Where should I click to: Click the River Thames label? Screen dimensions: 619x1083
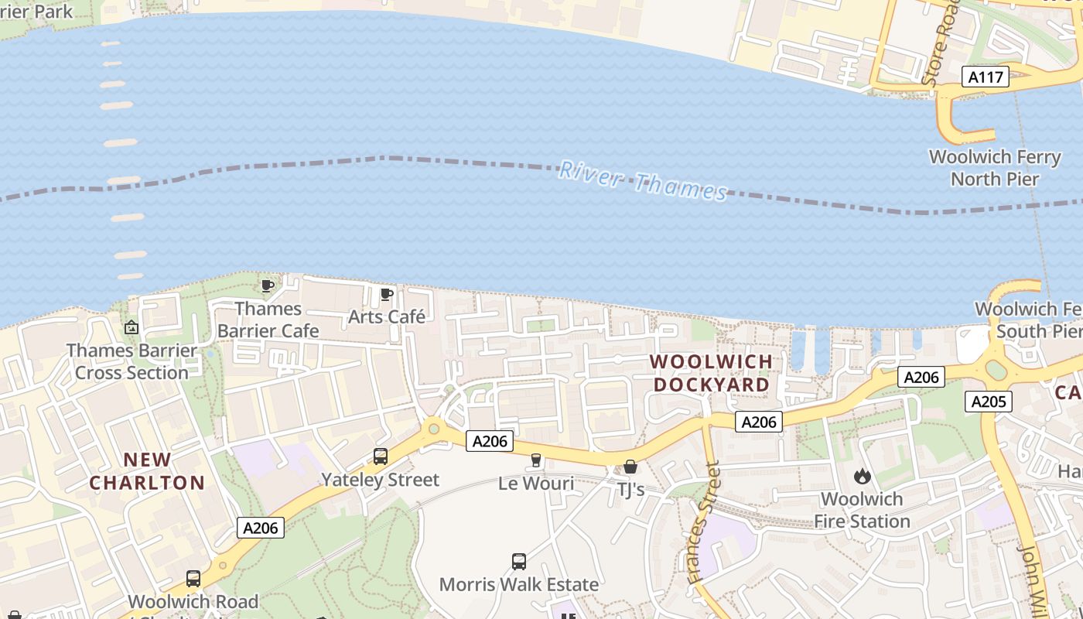click(643, 180)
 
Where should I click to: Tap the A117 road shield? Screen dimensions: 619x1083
click(986, 77)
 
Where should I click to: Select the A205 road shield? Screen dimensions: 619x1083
click(988, 402)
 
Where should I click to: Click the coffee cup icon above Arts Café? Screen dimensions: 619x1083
click(387, 294)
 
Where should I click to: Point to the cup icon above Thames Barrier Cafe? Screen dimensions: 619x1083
click(268, 286)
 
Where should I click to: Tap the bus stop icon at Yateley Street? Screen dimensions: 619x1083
click(380, 457)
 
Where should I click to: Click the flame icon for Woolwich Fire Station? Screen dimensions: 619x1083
click(863, 476)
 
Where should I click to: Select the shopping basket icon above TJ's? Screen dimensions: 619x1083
click(630, 467)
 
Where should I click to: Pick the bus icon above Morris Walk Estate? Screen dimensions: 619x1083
click(519, 561)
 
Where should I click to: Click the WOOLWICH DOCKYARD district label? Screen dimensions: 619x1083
click(711, 373)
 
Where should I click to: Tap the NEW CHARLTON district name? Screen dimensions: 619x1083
click(147, 471)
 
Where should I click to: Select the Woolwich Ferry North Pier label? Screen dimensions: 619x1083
click(995, 168)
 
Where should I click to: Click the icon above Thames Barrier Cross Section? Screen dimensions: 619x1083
click(132, 327)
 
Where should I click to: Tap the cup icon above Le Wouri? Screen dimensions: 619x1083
click(535, 460)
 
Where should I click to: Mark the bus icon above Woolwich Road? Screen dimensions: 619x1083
click(193, 578)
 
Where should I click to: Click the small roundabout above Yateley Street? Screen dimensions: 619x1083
click(433, 428)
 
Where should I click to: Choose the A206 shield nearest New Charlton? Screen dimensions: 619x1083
click(260, 528)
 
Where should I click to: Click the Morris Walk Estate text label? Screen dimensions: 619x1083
click(519, 584)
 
